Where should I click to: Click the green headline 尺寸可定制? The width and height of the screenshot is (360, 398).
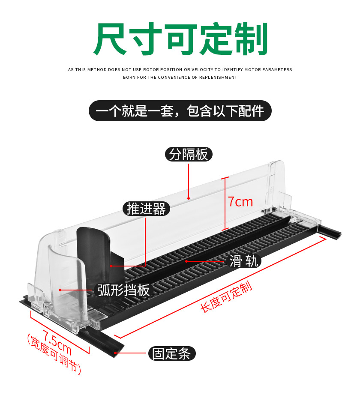tap(180, 39)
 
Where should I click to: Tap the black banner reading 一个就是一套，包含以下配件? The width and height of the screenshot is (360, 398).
tap(180, 111)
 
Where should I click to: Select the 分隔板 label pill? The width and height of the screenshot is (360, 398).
tap(189, 154)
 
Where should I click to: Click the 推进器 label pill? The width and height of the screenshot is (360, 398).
tap(146, 209)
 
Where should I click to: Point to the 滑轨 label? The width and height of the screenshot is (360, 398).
tap(244, 261)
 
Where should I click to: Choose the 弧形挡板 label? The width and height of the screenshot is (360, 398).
tap(123, 290)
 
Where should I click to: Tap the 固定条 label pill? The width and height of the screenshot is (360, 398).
tap(171, 353)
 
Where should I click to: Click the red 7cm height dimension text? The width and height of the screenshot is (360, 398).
tap(240, 202)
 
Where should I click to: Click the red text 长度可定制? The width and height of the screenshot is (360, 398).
tap(226, 297)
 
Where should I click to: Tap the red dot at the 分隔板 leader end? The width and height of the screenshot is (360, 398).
tap(189, 198)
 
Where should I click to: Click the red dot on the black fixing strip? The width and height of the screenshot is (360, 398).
tap(115, 353)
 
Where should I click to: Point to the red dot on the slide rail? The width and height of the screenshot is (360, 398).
tap(186, 261)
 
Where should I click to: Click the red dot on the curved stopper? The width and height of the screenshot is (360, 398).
tap(60, 290)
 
